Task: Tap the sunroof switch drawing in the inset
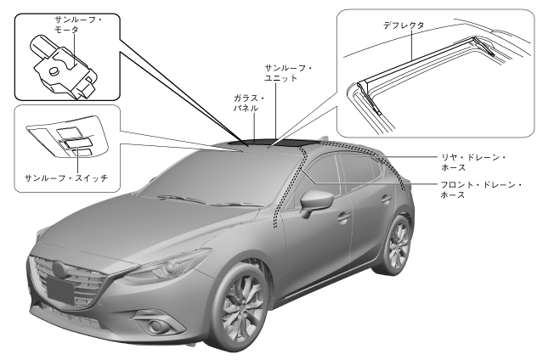point(73,140)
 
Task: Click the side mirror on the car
point(315,202)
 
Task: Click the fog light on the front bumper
point(156,328)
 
